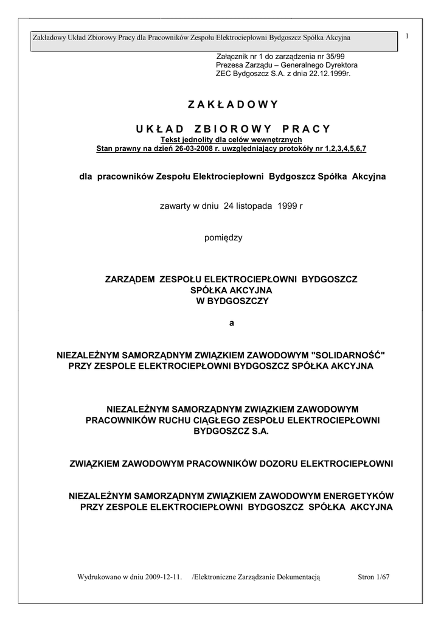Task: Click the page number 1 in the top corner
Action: click(x=406, y=37)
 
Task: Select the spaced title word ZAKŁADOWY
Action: click(x=232, y=104)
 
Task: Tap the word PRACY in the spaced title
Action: click(x=307, y=128)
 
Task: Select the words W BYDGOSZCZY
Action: click(x=231, y=301)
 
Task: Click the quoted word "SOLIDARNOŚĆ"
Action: click(x=348, y=354)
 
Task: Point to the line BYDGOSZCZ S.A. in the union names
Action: click(x=231, y=431)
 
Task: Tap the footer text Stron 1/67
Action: click(x=373, y=576)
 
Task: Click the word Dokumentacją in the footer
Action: click(x=300, y=576)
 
